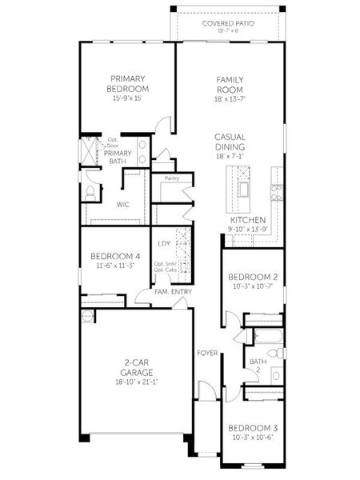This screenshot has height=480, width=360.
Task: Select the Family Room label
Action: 230,84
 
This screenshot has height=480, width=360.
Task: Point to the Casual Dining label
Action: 230,142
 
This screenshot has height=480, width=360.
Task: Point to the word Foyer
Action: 207,352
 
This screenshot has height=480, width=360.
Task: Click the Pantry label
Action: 171,178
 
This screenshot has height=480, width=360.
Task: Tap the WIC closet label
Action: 123,205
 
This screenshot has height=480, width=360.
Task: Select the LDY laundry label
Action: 164,243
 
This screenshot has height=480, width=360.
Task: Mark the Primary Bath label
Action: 118,158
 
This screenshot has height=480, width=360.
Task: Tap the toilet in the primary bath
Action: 90,193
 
